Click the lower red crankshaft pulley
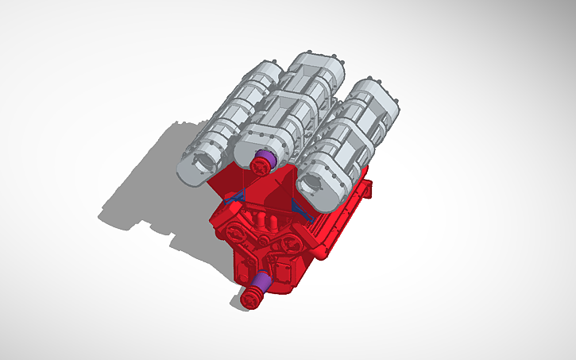point(251,299)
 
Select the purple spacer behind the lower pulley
point(261,282)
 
